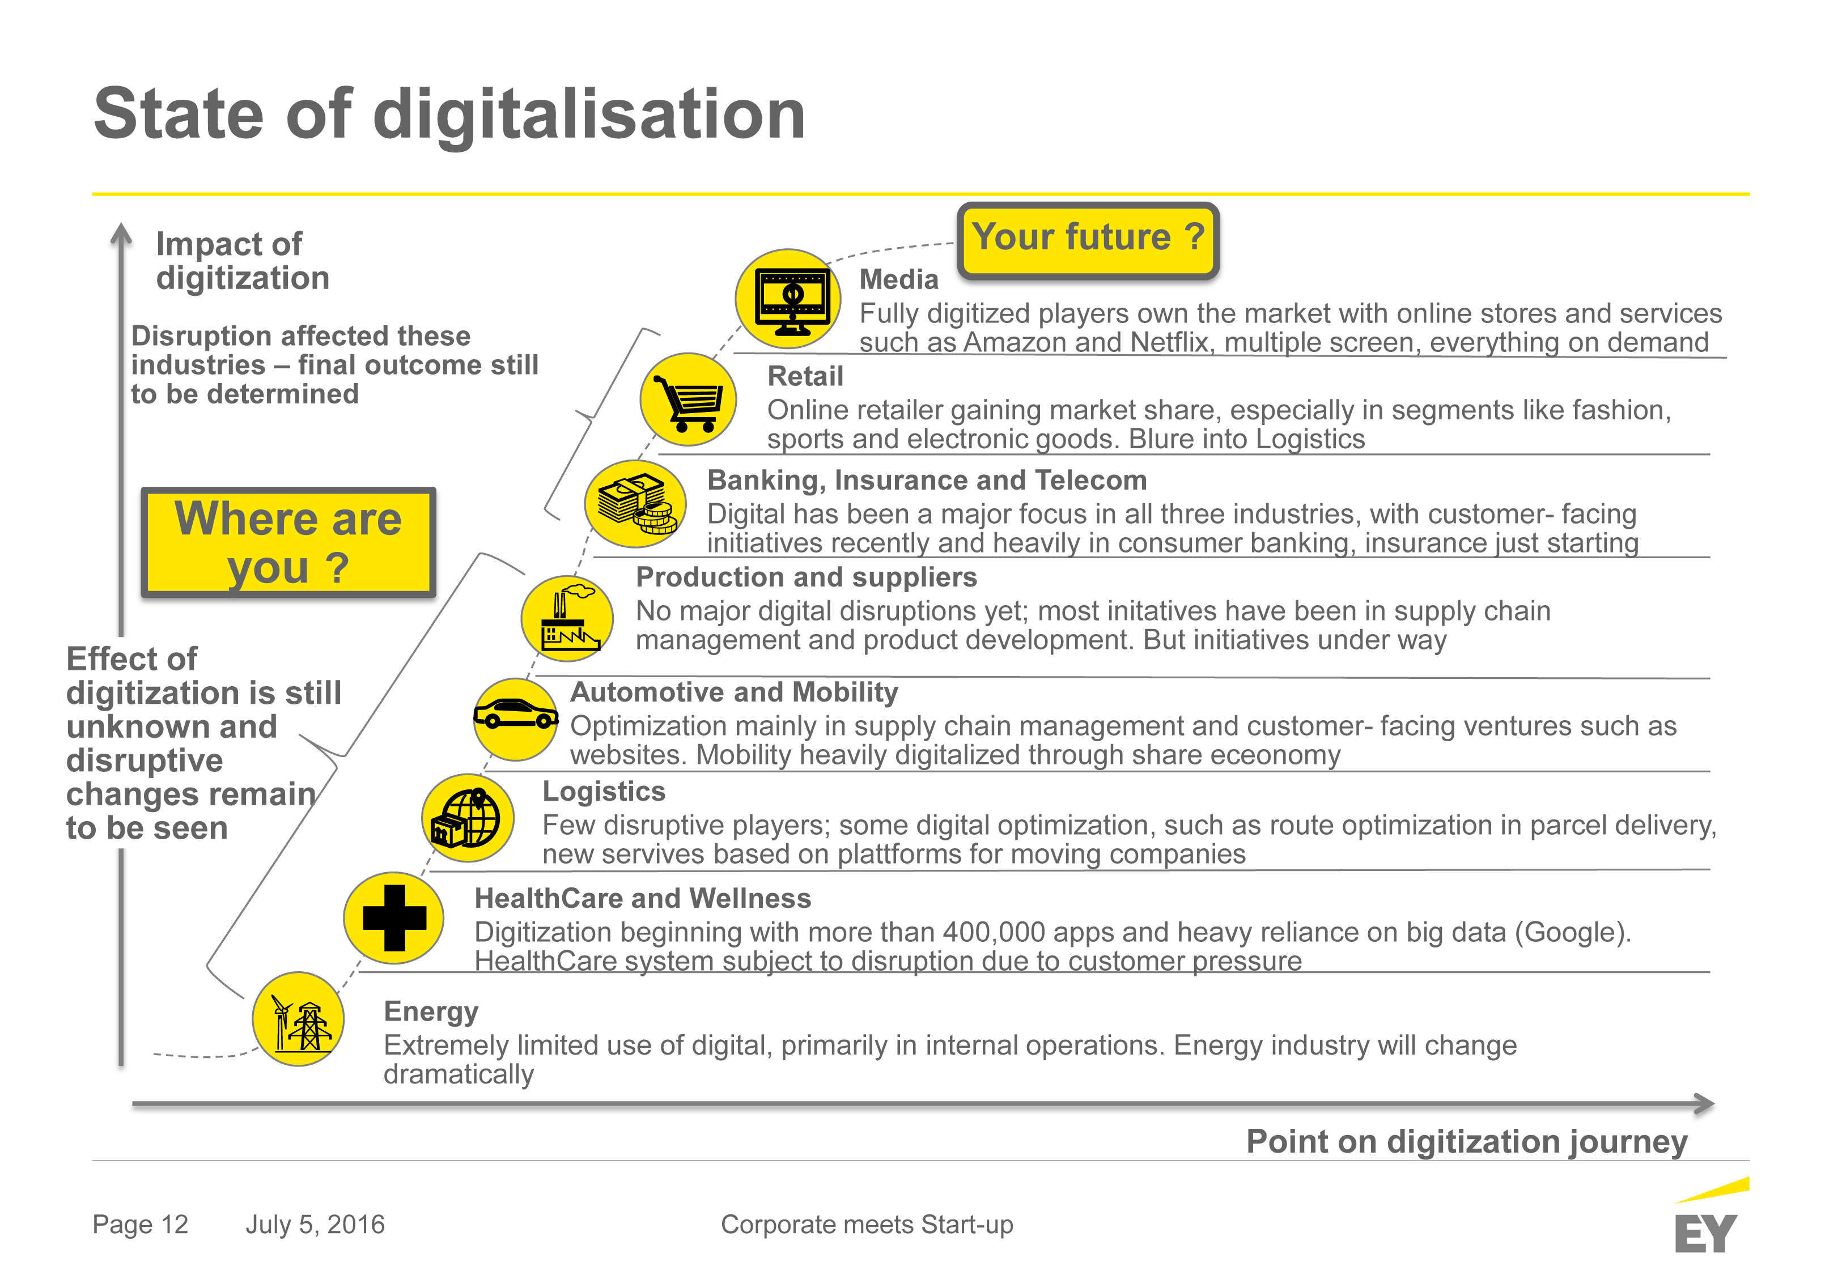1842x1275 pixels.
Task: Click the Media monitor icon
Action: (x=788, y=299)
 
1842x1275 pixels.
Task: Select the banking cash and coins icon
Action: (x=636, y=503)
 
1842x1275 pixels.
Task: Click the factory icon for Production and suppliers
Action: (x=567, y=618)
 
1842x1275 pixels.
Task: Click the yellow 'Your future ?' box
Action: (x=1088, y=240)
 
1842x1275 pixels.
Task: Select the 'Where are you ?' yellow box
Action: (x=288, y=542)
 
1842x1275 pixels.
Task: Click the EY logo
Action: (x=1709, y=1217)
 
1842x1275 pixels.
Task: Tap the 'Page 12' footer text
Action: (x=141, y=1224)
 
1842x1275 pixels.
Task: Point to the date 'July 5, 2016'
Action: (x=315, y=1225)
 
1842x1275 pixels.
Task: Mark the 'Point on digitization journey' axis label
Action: (x=1467, y=1142)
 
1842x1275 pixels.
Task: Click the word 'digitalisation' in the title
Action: (x=589, y=114)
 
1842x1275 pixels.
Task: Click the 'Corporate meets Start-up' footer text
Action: (x=867, y=1225)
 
